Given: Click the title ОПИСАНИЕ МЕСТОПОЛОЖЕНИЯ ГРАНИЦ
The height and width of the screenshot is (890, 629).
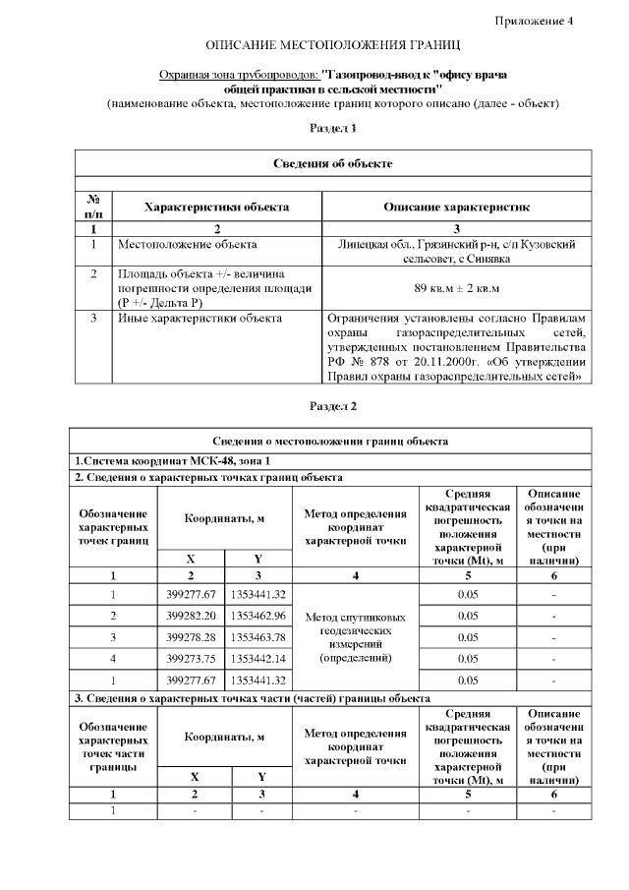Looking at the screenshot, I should pyautogui.click(x=332, y=46).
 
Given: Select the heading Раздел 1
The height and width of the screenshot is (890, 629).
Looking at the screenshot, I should pyautogui.click(x=332, y=128).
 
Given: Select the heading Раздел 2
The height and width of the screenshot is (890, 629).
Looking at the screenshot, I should pyautogui.click(x=332, y=406).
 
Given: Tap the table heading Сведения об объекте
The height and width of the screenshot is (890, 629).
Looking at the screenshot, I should pyautogui.click(x=332, y=162).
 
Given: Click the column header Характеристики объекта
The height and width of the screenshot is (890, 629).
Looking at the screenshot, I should pyautogui.click(x=216, y=208).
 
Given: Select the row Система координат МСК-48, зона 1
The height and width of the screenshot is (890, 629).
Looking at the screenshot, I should pyautogui.click(x=173, y=461).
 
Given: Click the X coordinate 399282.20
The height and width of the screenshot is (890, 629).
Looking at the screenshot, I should pyautogui.click(x=192, y=616).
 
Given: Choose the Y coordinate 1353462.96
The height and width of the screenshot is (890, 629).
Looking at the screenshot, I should pyautogui.click(x=258, y=616).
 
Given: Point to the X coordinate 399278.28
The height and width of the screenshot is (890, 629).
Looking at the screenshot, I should pyautogui.click(x=192, y=637).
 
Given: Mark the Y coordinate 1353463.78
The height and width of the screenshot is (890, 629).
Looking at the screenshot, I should pyautogui.click(x=258, y=637).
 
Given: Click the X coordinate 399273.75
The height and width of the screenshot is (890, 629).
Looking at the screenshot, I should pyautogui.click(x=192, y=658).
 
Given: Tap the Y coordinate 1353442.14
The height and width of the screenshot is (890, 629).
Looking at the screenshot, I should pyautogui.click(x=258, y=658).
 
